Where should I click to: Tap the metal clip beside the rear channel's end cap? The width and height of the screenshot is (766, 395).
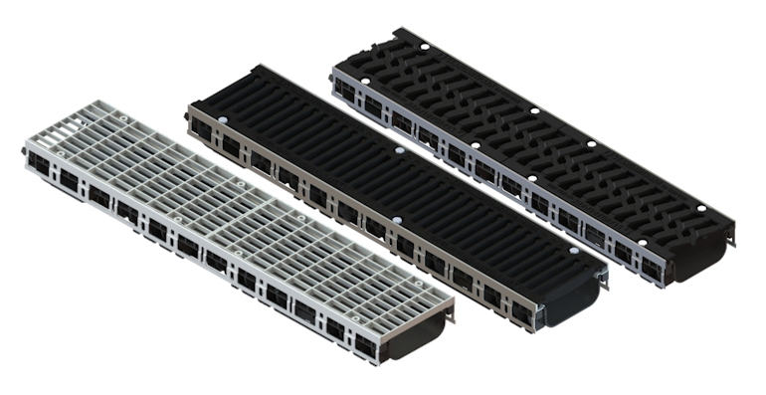click(x=735, y=239)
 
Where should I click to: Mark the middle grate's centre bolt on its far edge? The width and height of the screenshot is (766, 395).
click(x=400, y=151)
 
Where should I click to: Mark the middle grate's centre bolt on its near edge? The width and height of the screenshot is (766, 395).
click(x=395, y=219)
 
